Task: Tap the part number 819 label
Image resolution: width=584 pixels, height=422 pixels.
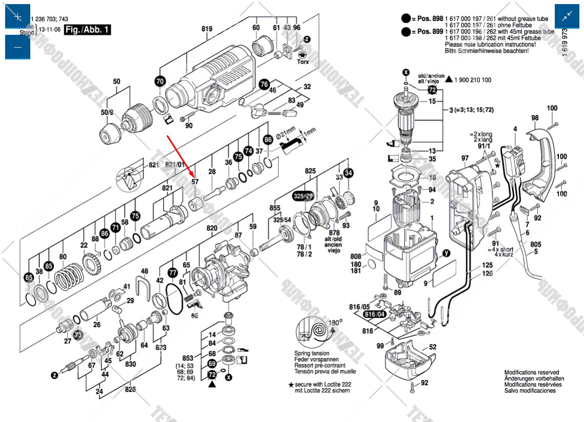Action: (x=207, y=29)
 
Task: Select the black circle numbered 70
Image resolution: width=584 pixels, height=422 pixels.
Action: (x=160, y=81)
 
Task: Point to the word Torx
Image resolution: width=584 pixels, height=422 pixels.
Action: (x=303, y=61)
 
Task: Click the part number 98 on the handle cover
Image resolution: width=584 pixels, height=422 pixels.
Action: (x=535, y=118)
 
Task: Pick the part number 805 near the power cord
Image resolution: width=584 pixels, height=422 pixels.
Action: (x=536, y=245)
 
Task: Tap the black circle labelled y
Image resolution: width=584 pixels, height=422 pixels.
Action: (x=446, y=252)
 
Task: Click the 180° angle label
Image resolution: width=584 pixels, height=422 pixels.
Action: (x=336, y=323)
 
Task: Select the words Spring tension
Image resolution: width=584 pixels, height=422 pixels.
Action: (x=312, y=354)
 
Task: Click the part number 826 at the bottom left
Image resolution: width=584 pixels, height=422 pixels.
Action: (x=130, y=389)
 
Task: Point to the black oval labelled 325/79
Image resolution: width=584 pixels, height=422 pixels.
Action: (x=303, y=197)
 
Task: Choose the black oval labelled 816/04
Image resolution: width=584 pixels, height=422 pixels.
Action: (x=374, y=314)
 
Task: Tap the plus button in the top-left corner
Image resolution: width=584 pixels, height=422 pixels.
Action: (x=17, y=16)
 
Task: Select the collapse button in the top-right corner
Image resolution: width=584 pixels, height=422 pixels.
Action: (x=567, y=16)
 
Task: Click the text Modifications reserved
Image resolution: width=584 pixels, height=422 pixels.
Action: (x=532, y=373)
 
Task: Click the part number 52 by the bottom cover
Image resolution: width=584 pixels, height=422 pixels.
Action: (x=433, y=347)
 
